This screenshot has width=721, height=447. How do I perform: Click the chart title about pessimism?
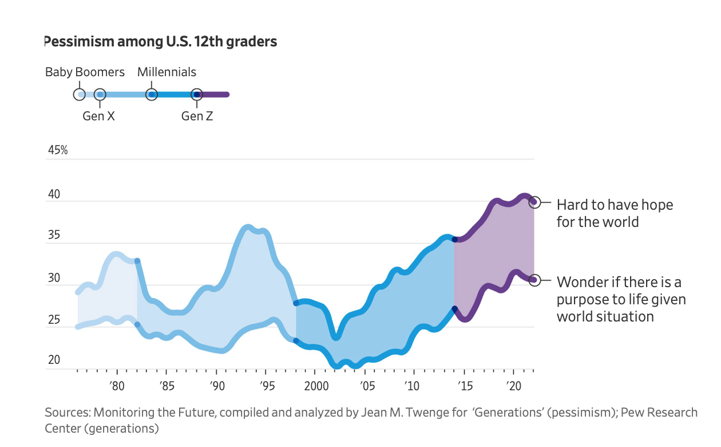click(160, 42)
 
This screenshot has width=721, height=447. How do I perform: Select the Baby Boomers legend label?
click(85, 72)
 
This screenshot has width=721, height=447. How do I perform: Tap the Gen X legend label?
click(98, 116)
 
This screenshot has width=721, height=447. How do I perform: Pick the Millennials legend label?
click(167, 72)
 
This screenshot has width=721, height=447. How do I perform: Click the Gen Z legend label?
click(197, 116)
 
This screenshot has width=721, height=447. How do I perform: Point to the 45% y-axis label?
click(57, 150)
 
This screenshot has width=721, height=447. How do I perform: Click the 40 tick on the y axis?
click(54, 194)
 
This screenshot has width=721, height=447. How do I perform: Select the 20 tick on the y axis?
click(54, 360)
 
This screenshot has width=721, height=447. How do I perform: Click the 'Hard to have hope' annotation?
click(614, 213)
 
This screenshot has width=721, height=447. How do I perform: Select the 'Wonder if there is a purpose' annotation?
click(621, 299)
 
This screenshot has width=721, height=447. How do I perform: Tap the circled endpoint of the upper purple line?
click(534, 202)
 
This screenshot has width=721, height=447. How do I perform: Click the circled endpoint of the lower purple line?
click(534, 280)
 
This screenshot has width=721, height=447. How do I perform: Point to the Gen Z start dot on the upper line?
click(454, 240)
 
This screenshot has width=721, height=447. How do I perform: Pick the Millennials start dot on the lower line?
click(296, 341)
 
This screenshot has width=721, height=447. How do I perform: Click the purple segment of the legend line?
click(214, 94)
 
